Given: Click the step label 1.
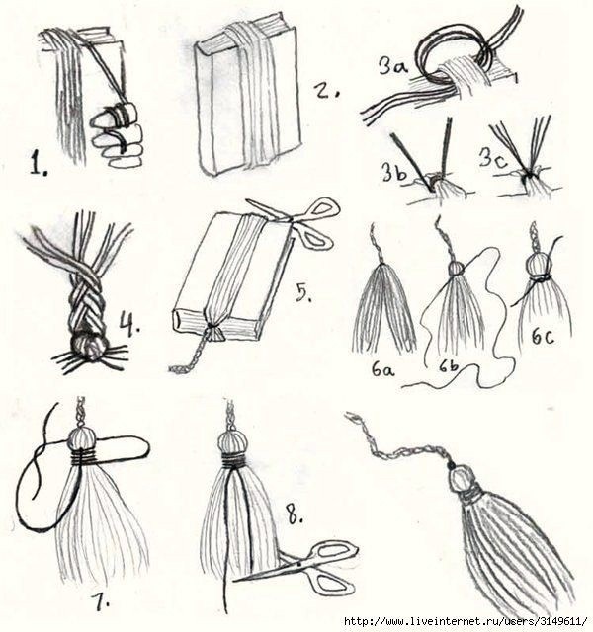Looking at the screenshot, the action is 39,164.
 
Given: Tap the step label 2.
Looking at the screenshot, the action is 327,92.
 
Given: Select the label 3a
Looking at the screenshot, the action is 393,65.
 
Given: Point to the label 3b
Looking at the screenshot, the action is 394,171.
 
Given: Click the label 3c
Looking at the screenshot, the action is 493,157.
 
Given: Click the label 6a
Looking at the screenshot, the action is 382,368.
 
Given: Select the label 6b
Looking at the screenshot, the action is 448,366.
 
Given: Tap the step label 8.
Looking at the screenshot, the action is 295,516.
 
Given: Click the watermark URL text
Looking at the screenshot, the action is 466,620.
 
